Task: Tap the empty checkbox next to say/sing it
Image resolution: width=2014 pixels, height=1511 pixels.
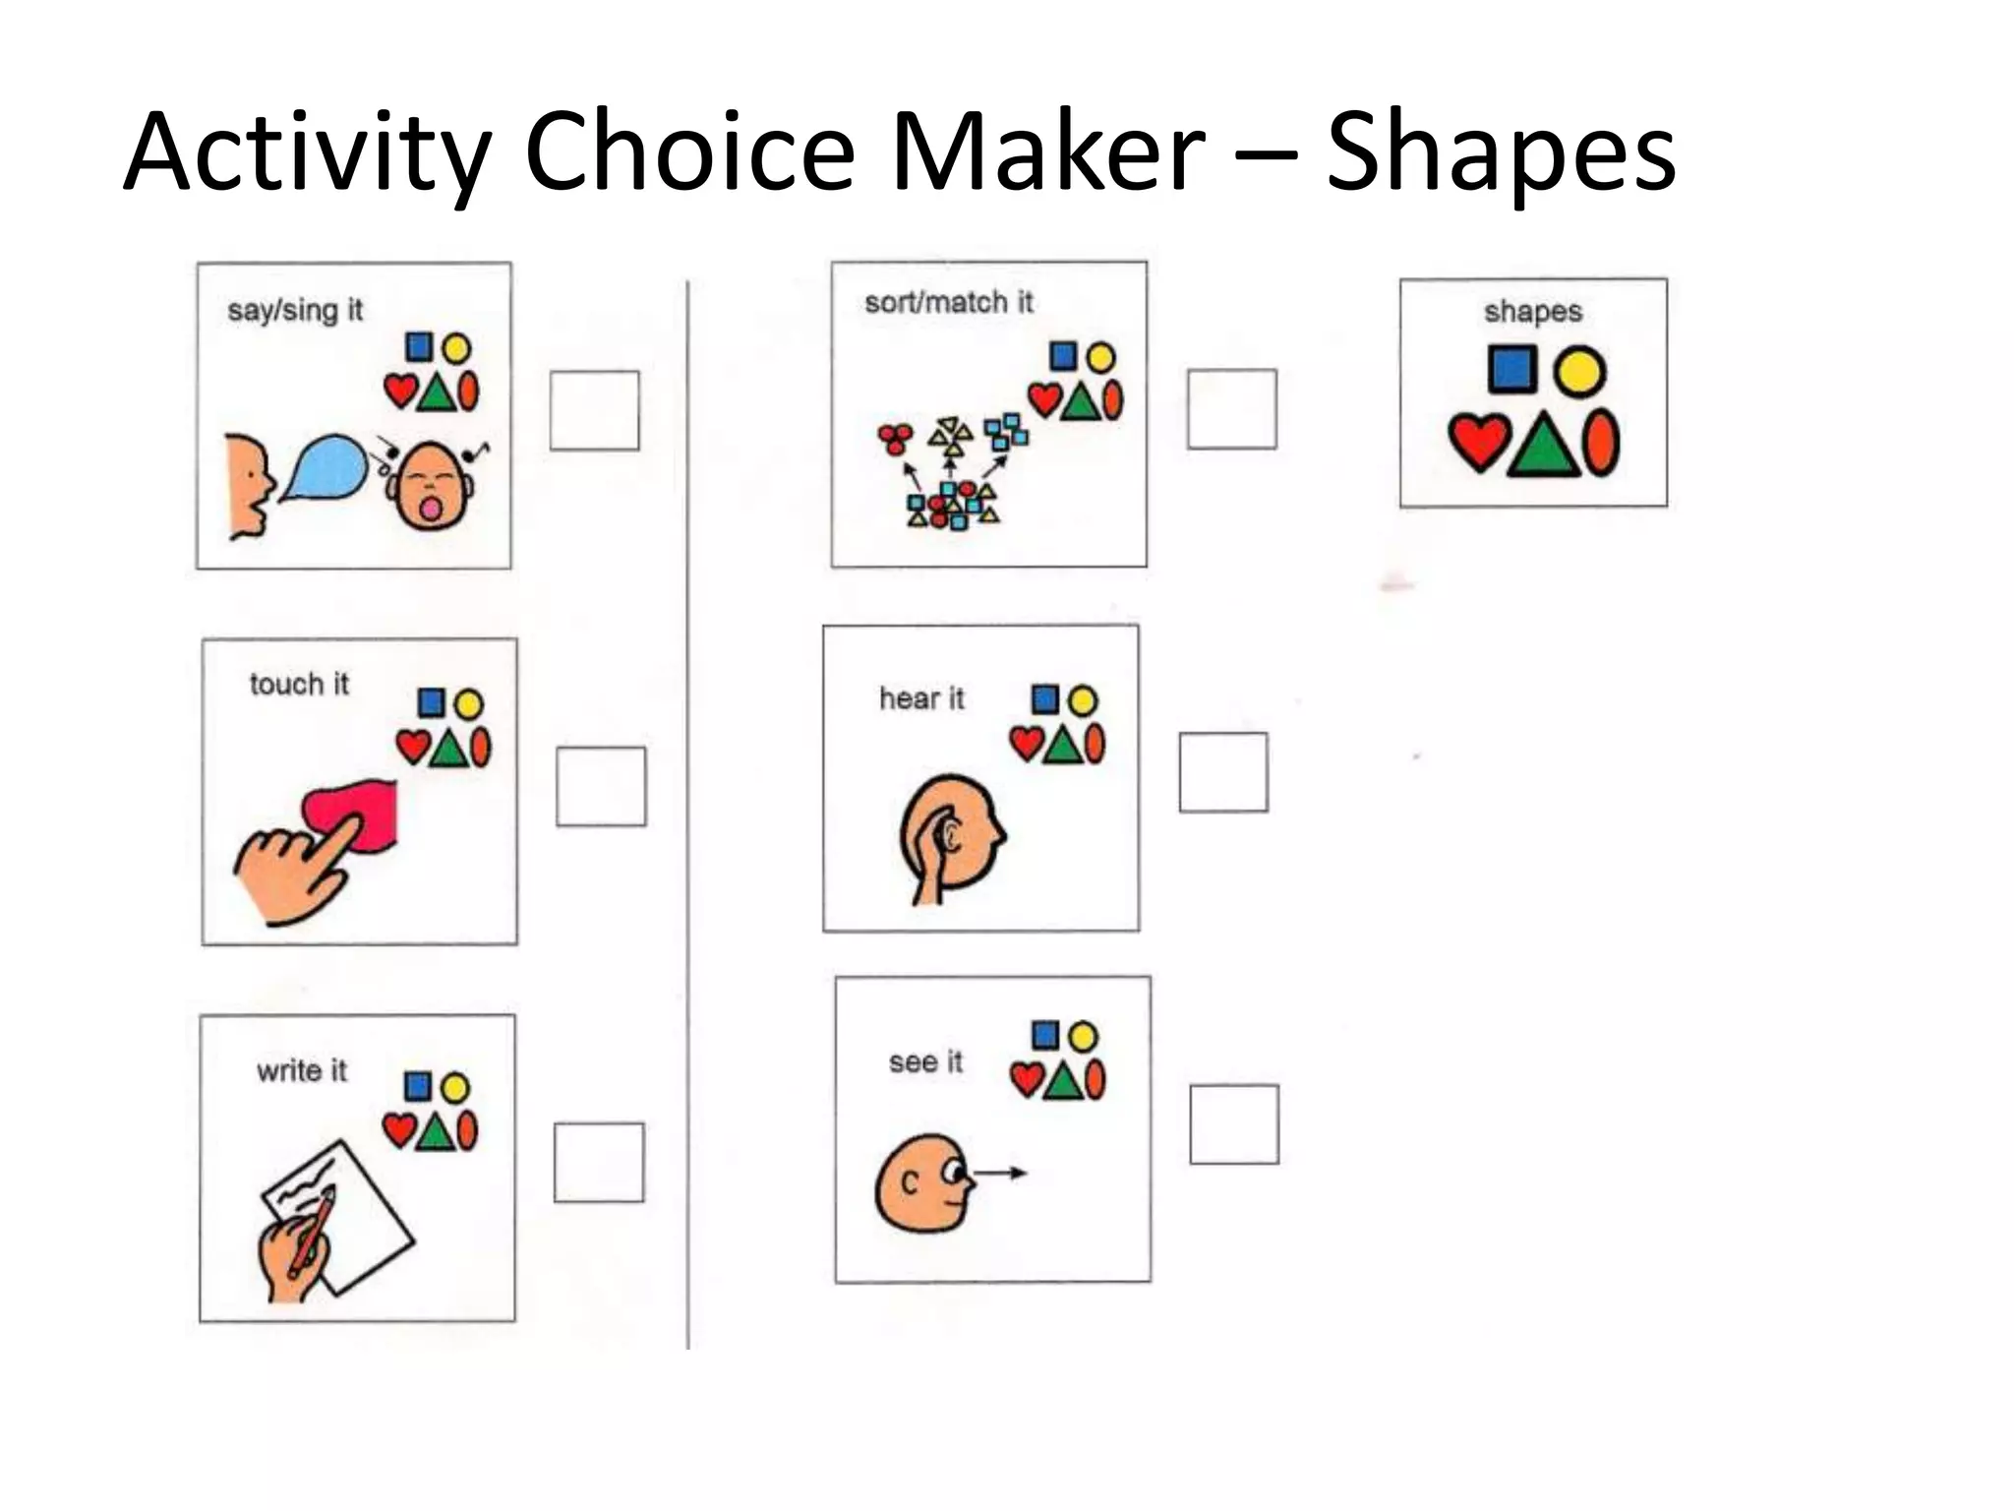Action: pyautogui.click(x=594, y=410)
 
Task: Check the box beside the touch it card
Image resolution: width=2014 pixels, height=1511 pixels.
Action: pyautogui.click(x=601, y=786)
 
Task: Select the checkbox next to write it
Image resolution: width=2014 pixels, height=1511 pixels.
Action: pyautogui.click(x=599, y=1162)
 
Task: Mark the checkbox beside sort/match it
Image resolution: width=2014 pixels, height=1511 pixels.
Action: pyautogui.click(x=1231, y=409)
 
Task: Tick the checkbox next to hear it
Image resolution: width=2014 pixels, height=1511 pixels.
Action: pyautogui.click(x=1223, y=772)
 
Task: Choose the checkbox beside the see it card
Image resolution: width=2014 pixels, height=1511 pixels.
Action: pyautogui.click(x=1234, y=1124)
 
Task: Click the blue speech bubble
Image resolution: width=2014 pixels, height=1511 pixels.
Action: pyautogui.click(x=325, y=468)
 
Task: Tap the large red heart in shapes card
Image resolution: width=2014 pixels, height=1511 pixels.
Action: pyautogui.click(x=1479, y=442)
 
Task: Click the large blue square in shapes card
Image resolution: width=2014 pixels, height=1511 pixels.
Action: pyautogui.click(x=1511, y=369)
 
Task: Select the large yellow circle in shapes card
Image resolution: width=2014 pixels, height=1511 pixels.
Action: pyautogui.click(x=1579, y=372)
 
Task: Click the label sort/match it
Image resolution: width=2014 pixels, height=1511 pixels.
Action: pyautogui.click(x=949, y=302)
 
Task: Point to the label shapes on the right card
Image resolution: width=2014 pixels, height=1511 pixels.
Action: pyautogui.click(x=1533, y=312)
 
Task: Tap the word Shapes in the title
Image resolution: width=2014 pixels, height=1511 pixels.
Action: pyautogui.click(x=1501, y=152)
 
